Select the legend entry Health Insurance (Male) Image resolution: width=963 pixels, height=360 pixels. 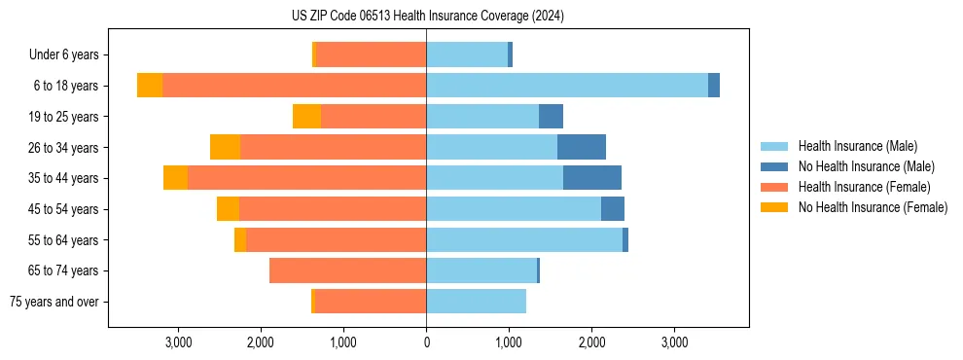[857, 146]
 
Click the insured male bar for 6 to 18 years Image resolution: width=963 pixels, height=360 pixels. [567, 86]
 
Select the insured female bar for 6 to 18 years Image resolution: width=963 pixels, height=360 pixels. [294, 86]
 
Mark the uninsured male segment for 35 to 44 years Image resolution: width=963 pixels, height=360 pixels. [592, 178]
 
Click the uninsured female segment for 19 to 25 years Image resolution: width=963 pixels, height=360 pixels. [306, 117]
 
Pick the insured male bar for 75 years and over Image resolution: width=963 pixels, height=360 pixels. [476, 302]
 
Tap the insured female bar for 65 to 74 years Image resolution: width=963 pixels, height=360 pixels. [347, 270]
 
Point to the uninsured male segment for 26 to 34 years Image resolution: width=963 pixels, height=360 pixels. [582, 147]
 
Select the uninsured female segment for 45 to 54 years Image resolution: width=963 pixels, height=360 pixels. [228, 209]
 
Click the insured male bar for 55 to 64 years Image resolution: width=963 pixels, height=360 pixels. [524, 239]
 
